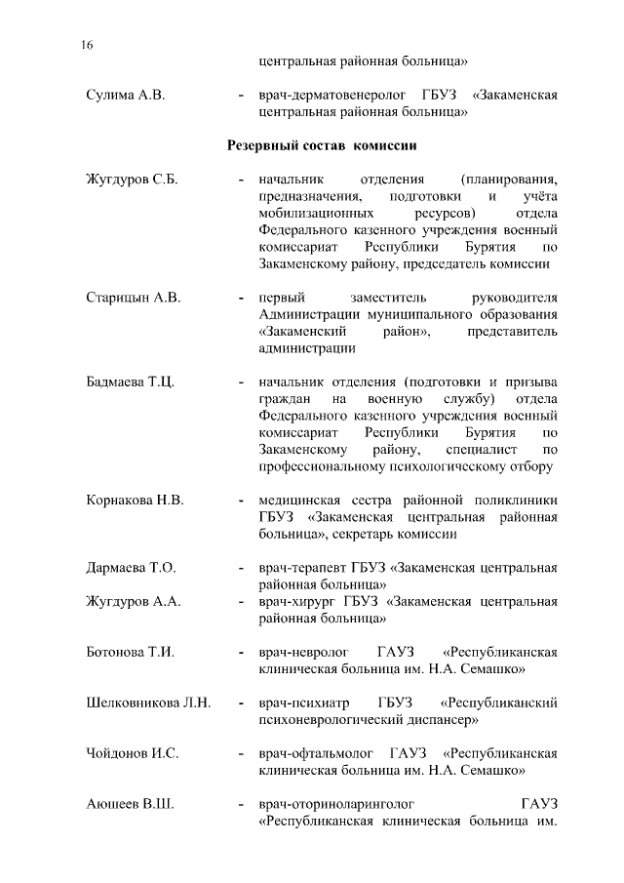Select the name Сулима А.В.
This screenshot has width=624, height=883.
pyautogui.click(x=126, y=96)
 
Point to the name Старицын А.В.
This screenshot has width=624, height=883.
pyautogui.click(x=134, y=298)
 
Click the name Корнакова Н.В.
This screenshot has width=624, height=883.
pyautogui.click(x=135, y=501)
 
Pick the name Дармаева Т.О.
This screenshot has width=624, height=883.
pyautogui.click(x=131, y=568)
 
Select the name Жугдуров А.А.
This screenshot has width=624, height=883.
pyautogui.click(x=134, y=602)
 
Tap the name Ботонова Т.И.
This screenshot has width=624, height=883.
pyautogui.click(x=131, y=653)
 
